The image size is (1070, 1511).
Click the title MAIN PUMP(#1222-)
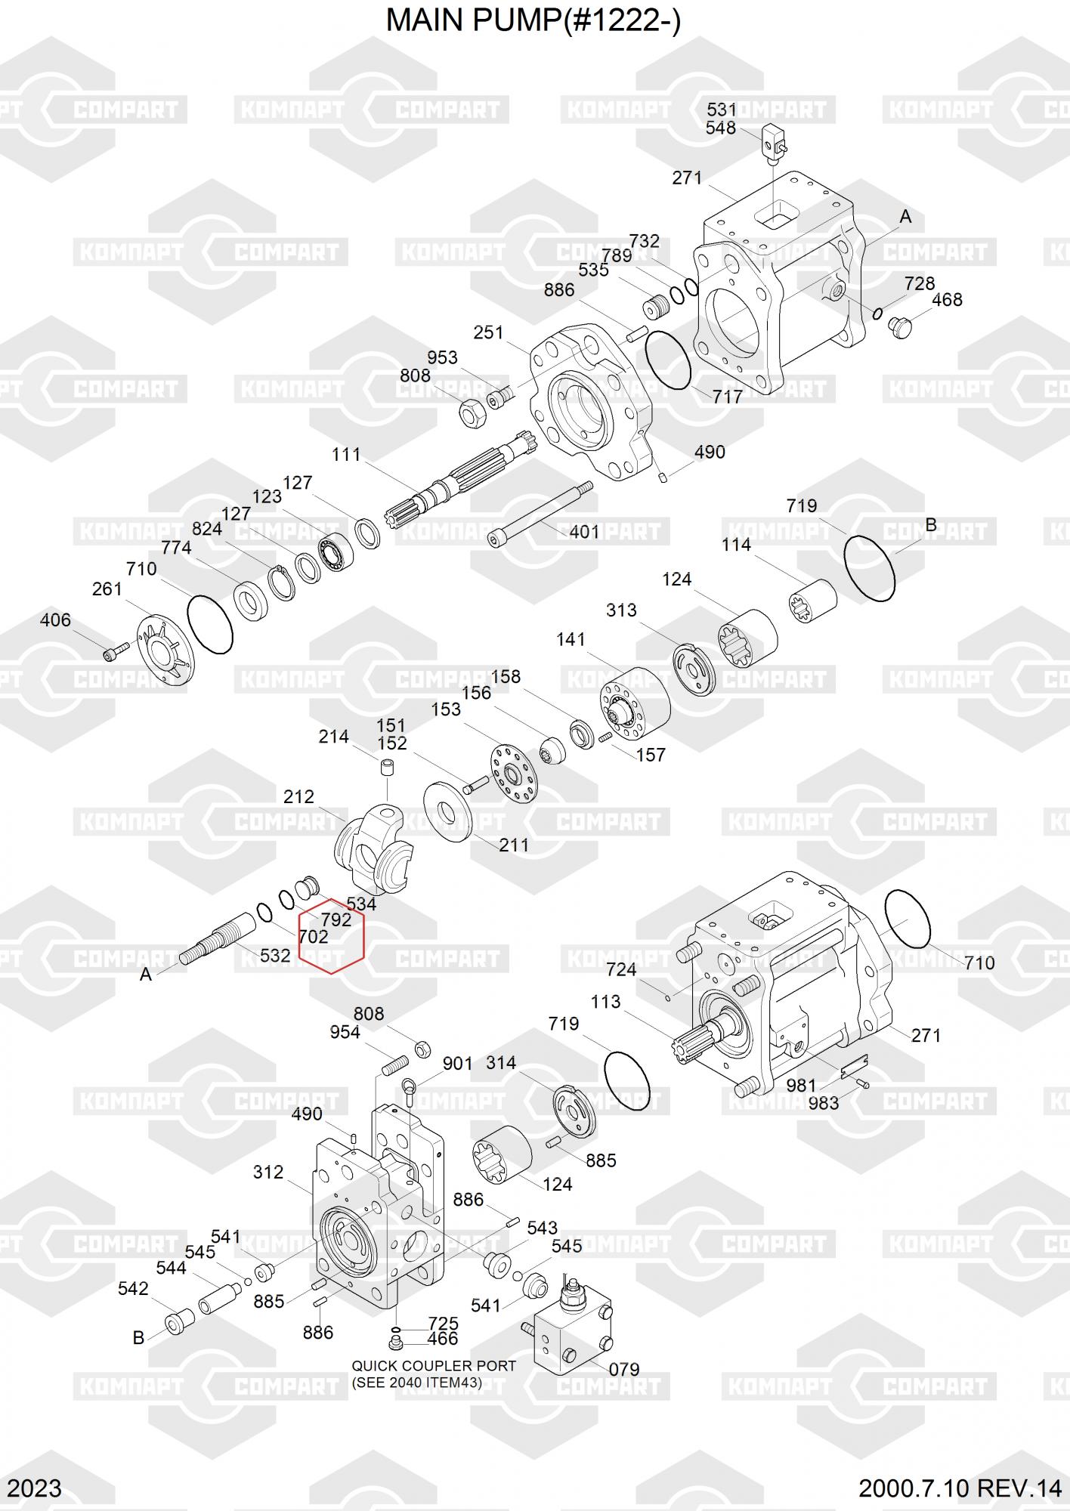(x=533, y=22)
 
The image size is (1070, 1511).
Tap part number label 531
(x=721, y=110)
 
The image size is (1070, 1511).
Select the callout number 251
(x=488, y=332)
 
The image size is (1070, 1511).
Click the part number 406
(x=55, y=620)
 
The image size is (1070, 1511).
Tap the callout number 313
(x=621, y=610)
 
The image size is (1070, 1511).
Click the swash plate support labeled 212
(x=374, y=847)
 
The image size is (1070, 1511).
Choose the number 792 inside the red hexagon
(x=336, y=919)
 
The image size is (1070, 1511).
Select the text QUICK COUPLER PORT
(x=434, y=1366)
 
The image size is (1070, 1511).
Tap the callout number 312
(x=268, y=1172)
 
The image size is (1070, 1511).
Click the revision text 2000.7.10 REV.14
(x=960, y=1488)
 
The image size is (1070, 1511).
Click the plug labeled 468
(x=901, y=327)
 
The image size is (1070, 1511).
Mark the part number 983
(x=823, y=1103)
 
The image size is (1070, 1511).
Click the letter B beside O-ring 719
(x=931, y=524)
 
